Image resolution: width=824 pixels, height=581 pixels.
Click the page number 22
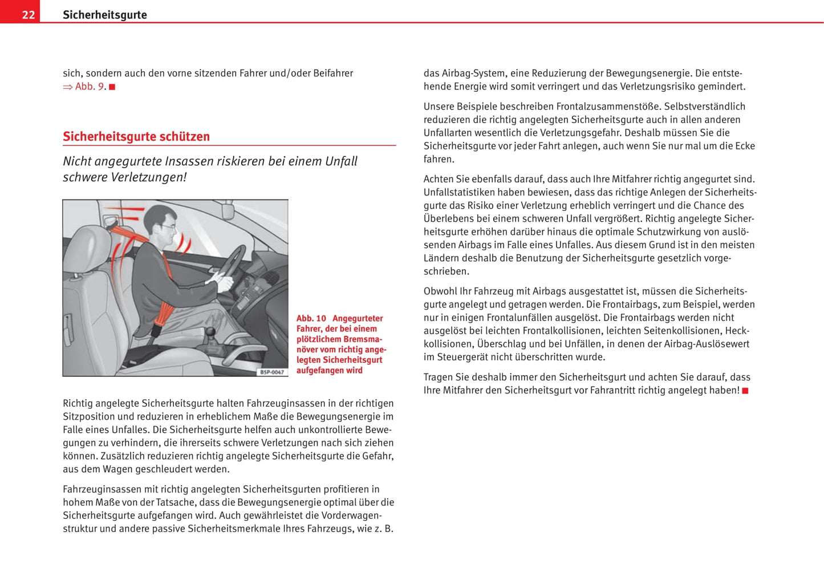point(29,15)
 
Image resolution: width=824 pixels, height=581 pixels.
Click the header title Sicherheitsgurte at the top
point(104,15)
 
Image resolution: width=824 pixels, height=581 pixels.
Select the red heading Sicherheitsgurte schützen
point(136,136)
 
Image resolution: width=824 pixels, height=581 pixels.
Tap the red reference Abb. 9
point(91,87)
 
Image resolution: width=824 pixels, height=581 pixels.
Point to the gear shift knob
point(210,331)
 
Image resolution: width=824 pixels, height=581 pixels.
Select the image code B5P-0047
point(271,372)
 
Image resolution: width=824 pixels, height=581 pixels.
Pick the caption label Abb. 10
point(311,318)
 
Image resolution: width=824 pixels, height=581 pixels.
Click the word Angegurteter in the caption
point(358,318)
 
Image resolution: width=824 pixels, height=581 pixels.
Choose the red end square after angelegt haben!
point(745,391)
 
